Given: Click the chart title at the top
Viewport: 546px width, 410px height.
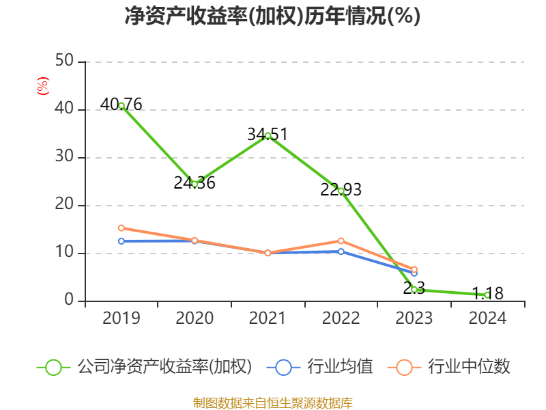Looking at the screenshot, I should [x=272, y=16].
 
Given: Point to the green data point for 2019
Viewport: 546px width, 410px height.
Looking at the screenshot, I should [x=121, y=106].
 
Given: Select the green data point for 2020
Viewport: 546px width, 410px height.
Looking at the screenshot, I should [x=195, y=184].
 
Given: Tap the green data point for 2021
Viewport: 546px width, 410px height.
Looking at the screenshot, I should [x=268, y=135].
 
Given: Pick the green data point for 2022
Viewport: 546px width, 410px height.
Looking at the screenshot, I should [x=341, y=191].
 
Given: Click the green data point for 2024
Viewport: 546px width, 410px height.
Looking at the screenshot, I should [x=487, y=295].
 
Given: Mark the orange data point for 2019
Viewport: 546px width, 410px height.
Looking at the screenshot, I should [x=121, y=228].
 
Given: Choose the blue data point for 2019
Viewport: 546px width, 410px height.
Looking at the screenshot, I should [x=121, y=241].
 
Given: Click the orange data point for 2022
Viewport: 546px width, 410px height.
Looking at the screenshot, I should [x=341, y=241].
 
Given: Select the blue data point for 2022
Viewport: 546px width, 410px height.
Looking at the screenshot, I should [x=341, y=251].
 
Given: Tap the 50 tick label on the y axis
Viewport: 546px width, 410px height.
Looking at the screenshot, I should [x=65, y=61].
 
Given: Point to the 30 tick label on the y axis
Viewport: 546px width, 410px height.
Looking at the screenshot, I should [x=65, y=157].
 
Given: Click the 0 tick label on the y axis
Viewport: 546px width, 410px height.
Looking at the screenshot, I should [x=69, y=301].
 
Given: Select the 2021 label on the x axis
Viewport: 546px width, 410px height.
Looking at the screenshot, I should [x=268, y=318].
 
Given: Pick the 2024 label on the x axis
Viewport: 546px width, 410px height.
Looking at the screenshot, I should [x=487, y=318].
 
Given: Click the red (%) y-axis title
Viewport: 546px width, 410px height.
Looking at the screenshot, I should [x=42, y=86].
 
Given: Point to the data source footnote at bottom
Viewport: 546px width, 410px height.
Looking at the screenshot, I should [x=272, y=402].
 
